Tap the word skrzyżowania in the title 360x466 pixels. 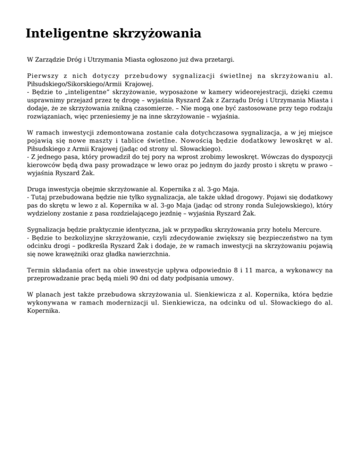(x=157, y=34)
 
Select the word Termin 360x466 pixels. (x=39, y=271)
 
